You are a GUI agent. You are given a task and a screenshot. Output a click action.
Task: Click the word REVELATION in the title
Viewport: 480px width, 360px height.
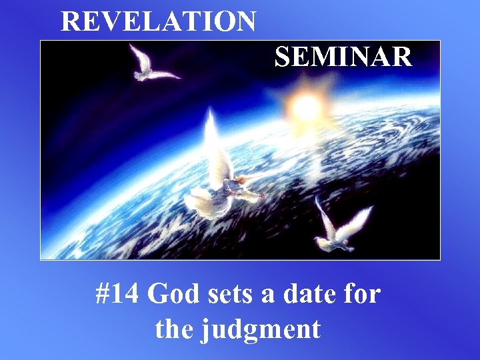(x=158, y=21)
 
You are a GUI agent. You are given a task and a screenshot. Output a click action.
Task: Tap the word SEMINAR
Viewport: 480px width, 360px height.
(x=343, y=58)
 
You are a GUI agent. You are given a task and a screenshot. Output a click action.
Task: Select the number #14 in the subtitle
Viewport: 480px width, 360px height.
(x=118, y=294)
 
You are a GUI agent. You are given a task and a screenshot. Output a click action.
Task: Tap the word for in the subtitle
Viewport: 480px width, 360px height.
(x=362, y=294)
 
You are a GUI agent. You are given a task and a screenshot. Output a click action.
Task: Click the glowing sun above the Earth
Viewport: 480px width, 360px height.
(x=306, y=105)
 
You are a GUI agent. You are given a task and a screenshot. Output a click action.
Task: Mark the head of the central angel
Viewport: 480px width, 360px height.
(x=241, y=179)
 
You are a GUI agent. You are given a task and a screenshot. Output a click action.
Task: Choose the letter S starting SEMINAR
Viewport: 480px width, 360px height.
(x=282, y=58)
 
